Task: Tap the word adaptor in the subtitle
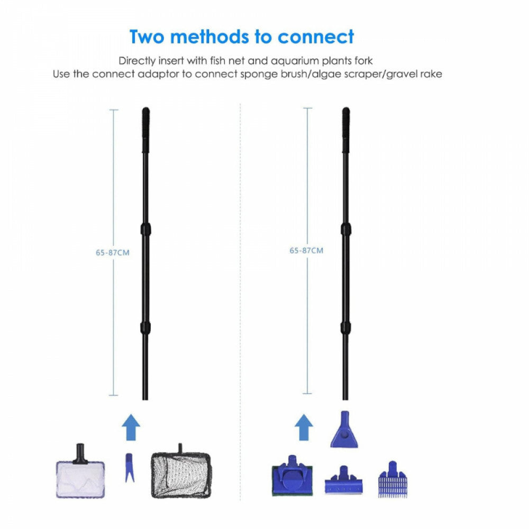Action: [158, 74]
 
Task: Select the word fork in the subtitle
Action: [363, 61]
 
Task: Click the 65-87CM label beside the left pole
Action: [113, 252]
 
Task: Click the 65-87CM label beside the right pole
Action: [306, 250]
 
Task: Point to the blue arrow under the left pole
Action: [131, 427]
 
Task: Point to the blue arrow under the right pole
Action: [304, 427]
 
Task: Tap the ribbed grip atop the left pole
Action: [146, 130]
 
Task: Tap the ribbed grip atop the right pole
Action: [346, 130]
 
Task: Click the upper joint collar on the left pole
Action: [146, 229]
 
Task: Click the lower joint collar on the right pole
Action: [345, 327]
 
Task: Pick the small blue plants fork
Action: [130, 468]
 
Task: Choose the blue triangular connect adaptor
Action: [344, 430]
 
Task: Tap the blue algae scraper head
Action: [343, 480]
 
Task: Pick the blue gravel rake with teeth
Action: [393, 479]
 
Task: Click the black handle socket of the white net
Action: [80, 454]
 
